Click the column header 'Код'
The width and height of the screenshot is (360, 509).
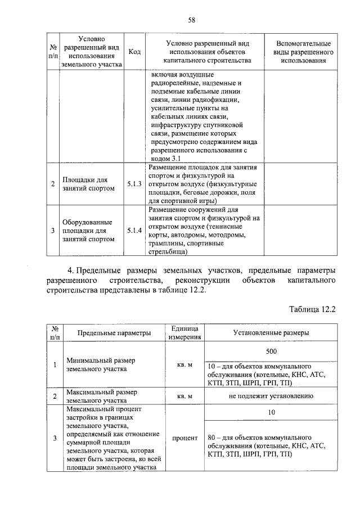pyautogui.click(x=134, y=52)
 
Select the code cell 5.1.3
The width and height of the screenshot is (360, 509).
pyautogui.click(x=134, y=184)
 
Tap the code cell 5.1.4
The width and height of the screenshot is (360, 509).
pyautogui.click(x=134, y=230)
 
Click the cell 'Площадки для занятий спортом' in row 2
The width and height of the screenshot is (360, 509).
pyautogui.click(x=88, y=184)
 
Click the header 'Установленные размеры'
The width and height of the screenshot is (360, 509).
pyautogui.click(x=271, y=333)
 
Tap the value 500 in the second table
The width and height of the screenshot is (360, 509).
pyautogui.click(x=271, y=350)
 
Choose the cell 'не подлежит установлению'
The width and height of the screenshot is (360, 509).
pyautogui.click(x=271, y=396)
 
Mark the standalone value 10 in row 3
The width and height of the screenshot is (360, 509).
pyautogui.click(x=271, y=412)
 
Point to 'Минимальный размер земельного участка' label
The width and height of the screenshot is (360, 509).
pyautogui.click(x=100, y=364)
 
